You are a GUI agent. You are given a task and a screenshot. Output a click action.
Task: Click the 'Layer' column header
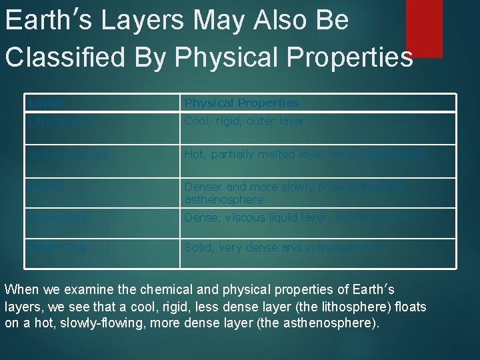click(45, 103)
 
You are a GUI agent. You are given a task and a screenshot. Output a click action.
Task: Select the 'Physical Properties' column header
click(241, 103)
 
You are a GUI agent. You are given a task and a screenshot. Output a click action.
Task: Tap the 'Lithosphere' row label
click(59, 121)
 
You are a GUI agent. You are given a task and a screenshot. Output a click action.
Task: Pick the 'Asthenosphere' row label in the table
click(68, 154)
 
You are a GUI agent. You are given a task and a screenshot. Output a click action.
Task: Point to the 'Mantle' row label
click(46, 187)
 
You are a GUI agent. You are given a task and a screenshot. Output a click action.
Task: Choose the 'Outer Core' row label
click(58, 217)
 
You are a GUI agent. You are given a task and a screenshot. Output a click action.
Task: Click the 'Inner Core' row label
click(57, 247)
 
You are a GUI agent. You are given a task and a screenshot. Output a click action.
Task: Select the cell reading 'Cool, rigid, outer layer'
click(244, 121)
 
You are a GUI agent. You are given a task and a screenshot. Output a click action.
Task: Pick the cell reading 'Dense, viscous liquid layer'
click(297, 217)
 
